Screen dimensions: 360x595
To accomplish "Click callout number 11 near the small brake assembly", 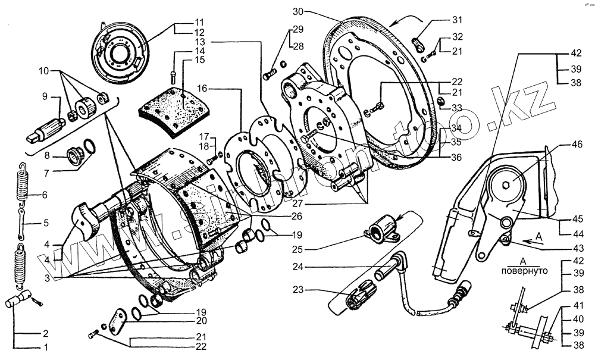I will pyautogui.click(x=182, y=21).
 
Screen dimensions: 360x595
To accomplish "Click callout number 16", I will pyautogui.click(x=202, y=88).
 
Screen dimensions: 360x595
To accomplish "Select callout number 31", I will pyautogui.click(x=456, y=18).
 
